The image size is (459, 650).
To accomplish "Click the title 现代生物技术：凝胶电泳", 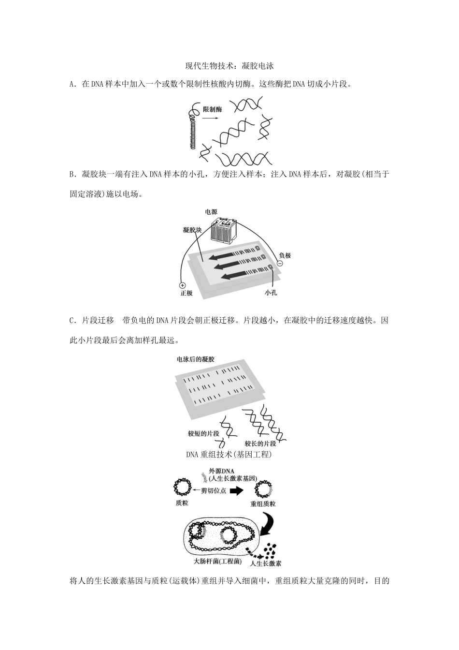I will point(229,66).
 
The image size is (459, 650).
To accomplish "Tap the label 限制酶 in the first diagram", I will point(212,110).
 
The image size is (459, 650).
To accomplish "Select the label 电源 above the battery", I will point(211,212).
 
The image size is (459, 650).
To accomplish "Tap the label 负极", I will point(285,255).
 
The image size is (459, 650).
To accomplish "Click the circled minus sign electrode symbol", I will point(279,264).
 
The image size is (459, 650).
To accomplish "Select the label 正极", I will point(186,294).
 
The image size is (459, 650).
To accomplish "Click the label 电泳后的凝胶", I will point(196,359).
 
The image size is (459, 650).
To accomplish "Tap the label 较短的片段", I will point(203,433).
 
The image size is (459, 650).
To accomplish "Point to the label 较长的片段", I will point(260,443).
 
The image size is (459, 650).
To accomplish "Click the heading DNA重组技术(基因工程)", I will point(229,455).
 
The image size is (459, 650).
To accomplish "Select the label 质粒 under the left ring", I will point(182,503).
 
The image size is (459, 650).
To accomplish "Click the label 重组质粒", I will point(263,503).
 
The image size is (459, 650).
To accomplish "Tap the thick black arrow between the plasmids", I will point(236,490).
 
